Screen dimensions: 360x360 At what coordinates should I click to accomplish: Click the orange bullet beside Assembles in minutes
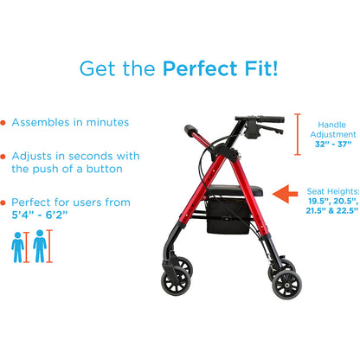click(5, 123)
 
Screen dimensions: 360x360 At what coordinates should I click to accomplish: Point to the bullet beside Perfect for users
click(5, 202)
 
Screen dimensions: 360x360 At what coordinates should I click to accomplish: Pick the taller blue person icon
click(39, 245)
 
